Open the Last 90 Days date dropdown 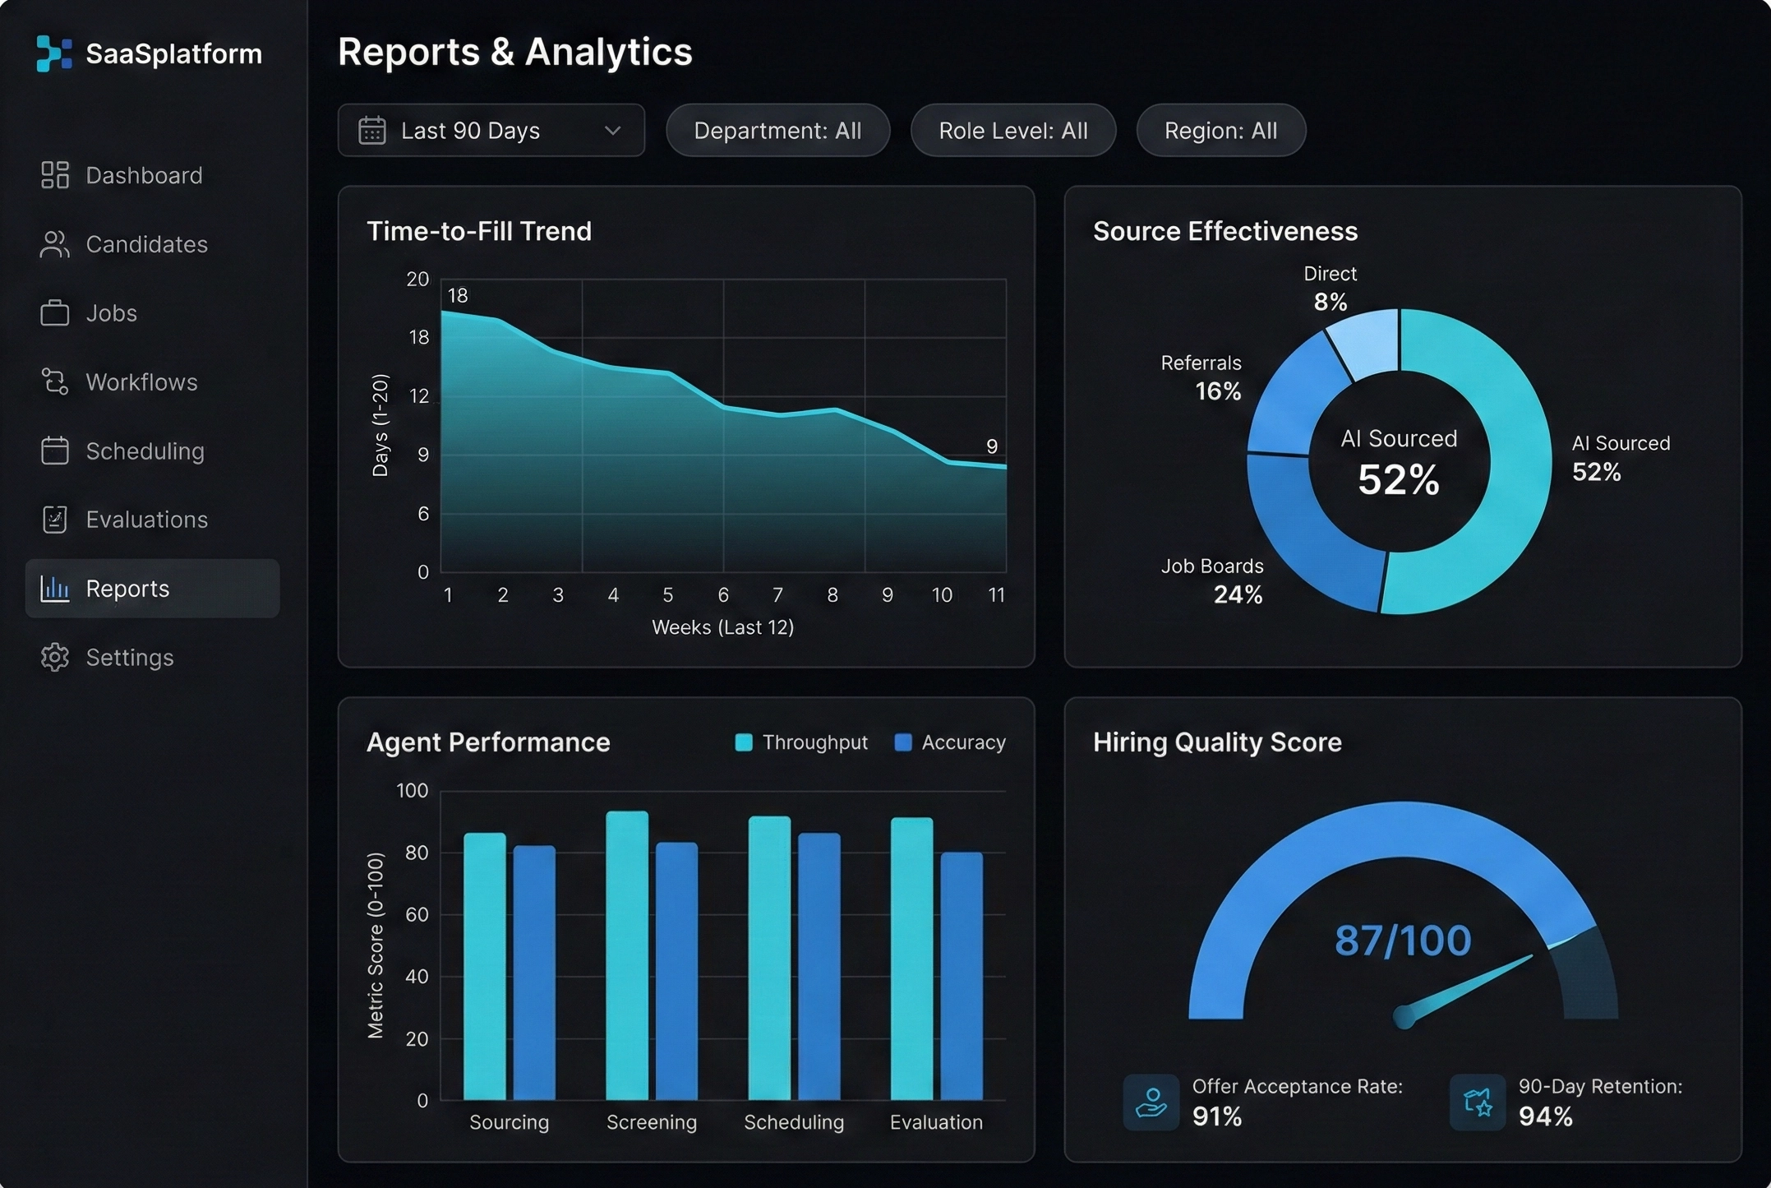491,131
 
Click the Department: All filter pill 777,131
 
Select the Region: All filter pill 1220,131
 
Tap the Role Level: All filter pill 1012,131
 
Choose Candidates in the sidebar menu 146,244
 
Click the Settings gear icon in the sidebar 55,658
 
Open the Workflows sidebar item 141,382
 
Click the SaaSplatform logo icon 54,53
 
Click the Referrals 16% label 1201,377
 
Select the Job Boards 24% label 1212,580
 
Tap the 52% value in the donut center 1399,480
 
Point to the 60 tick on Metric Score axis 417,914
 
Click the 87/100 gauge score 1403,941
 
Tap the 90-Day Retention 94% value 1545,1116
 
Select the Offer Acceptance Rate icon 1151,1102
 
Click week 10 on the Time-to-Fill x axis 942,595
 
